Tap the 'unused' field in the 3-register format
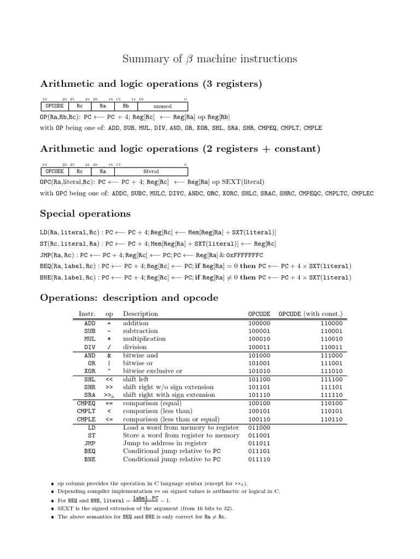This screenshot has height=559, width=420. click(162, 106)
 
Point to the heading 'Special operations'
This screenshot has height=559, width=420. click(85, 213)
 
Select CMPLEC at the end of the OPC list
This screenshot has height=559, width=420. click(363, 193)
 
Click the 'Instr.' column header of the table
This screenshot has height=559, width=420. click(87, 314)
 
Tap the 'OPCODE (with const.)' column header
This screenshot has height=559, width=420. click(311, 314)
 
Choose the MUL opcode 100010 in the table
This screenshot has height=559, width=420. click(259, 339)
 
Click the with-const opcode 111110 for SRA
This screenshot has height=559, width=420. click(331, 395)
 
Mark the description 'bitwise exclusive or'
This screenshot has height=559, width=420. click(153, 371)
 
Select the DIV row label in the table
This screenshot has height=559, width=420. click(90, 347)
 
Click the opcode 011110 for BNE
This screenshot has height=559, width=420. click(259, 460)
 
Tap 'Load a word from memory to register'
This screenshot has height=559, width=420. click(181, 427)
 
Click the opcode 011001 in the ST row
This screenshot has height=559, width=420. click(259, 436)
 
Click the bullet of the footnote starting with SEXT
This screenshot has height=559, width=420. click(52, 509)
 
